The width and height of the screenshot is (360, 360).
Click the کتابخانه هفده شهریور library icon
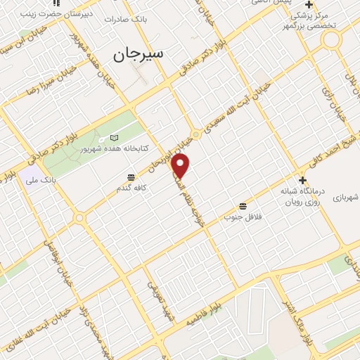click(115, 138)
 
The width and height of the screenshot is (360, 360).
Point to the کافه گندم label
click(131, 189)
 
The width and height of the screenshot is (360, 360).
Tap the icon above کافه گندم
click(131, 177)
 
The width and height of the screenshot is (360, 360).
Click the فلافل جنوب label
click(243, 217)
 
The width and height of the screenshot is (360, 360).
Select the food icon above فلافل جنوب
click(243, 206)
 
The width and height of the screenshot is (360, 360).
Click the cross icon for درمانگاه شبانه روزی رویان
click(302, 180)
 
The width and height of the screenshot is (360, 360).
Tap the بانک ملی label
click(41, 181)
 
